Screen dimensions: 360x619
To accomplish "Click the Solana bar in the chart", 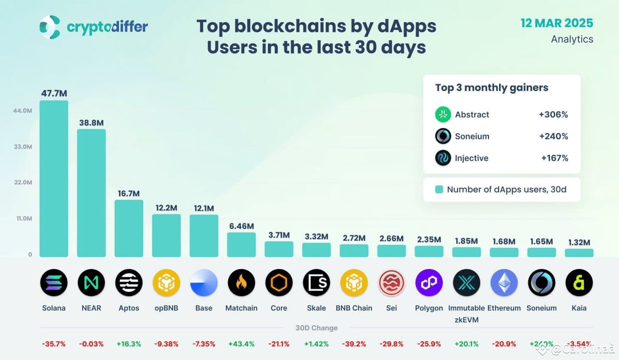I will [x=54, y=179].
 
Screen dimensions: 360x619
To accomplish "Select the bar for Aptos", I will [x=129, y=228].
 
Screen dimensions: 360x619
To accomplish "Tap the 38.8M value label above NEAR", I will [x=91, y=123].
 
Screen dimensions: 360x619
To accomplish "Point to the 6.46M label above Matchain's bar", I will [x=241, y=226].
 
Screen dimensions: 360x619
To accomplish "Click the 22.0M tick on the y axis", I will [x=23, y=182].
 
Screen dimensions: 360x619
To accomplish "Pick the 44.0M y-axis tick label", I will [x=23, y=111].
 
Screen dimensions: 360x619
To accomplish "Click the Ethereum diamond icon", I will [x=504, y=283].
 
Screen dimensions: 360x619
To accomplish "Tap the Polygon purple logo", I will [x=429, y=283].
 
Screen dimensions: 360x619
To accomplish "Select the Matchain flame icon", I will [x=241, y=283].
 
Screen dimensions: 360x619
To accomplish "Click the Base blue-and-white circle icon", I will [x=204, y=283].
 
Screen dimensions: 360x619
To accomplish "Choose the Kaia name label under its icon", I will [x=579, y=308].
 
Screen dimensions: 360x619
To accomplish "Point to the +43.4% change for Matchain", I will [x=241, y=344].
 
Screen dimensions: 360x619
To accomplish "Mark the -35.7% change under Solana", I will [x=53, y=344].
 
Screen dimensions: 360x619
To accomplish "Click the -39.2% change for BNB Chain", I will [x=354, y=344].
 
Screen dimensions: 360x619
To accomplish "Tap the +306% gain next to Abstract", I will [x=553, y=115].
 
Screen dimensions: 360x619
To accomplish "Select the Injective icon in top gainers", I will [x=443, y=158].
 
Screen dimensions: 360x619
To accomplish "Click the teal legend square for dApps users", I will [x=439, y=190].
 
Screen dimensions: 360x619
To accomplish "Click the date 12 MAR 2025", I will [x=557, y=23].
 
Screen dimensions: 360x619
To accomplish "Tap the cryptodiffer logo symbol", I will [x=50, y=27].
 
